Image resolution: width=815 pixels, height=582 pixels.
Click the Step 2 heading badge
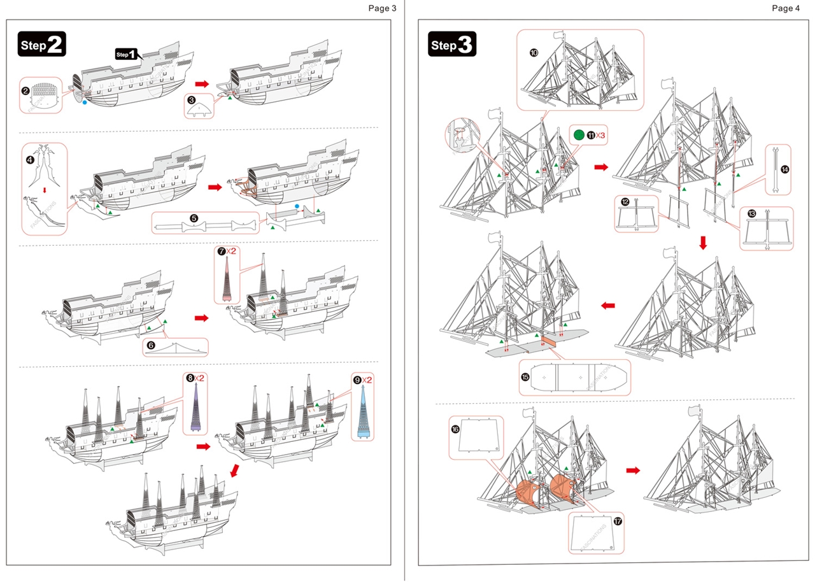pyautogui.click(x=41, y=45)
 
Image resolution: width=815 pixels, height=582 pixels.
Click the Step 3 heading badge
pyautogui.click(x=451, y=45)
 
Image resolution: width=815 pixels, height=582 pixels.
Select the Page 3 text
pyautogui.click(x=382, y=8)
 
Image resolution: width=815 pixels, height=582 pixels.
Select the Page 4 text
pyautogui.click(x=786, y=8)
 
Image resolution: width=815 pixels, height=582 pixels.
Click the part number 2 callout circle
pyautogui.click(x=25, y=91)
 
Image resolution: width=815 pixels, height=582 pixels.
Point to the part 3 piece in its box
pyautogui.click(x=200, y=108)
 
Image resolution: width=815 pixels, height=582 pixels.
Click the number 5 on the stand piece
pyautogui.click(x=194, y=218)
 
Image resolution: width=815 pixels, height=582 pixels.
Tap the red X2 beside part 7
pyautogui.click(x=232, y=252)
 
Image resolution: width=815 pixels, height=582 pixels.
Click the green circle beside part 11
pyautogui.click(x=578, y=135)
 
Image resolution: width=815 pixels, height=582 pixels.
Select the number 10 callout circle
pyautogui.click(x=534, y=53)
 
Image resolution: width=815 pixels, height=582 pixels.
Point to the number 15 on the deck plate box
pyautogui.click(x=525, y=377)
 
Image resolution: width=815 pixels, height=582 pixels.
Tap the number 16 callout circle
pyautogui.click(x=455, y=430)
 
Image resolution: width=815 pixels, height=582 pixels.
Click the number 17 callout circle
pyautogui.click(x=618, y=521)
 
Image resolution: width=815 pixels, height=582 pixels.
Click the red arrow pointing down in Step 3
pyautogui.click(x=703, y=243)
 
